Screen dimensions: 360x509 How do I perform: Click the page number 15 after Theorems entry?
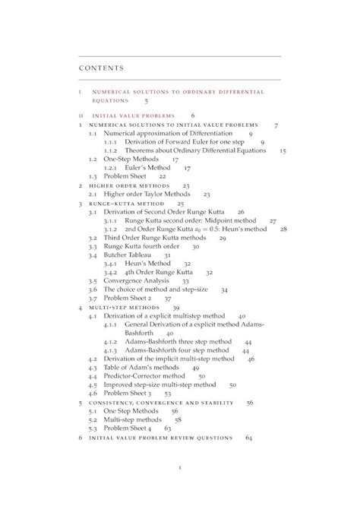click(283, 150)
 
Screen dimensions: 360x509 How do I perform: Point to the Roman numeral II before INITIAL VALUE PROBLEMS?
click(81, 115)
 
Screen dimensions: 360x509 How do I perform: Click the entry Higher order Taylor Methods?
click(144, 194)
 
